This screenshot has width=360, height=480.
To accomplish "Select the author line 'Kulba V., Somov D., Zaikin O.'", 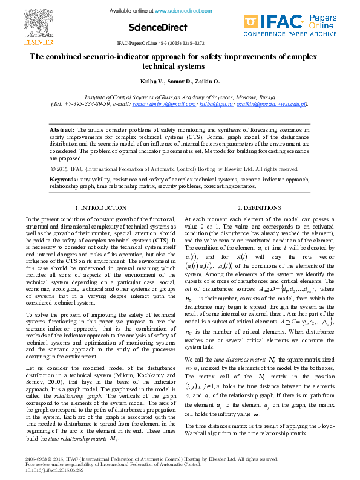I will click(181, 81).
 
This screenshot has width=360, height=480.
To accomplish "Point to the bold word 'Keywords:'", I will click(63, 180).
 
